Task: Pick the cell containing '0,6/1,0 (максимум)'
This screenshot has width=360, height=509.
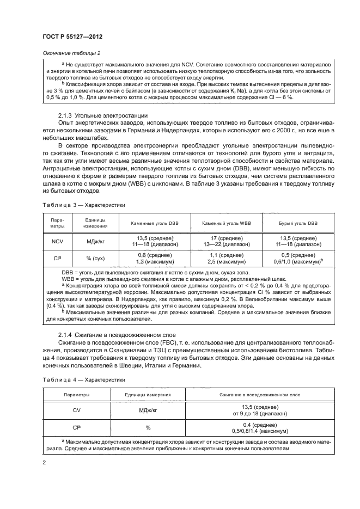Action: [298, 262]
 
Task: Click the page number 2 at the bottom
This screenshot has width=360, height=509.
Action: [44, 462]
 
